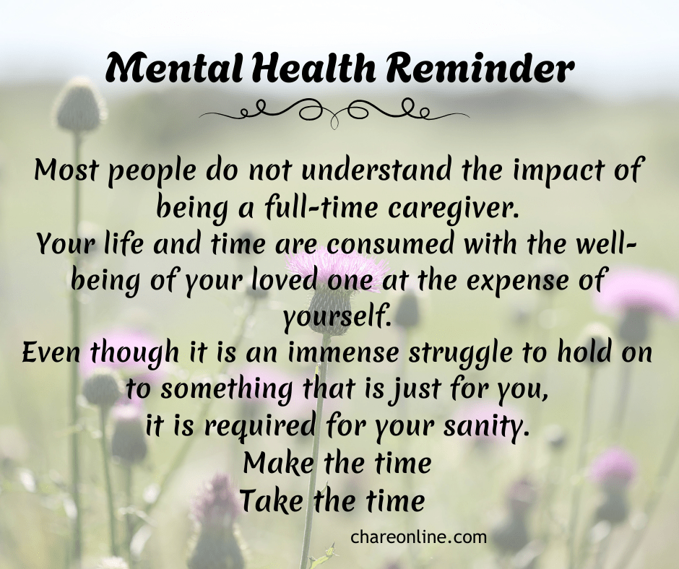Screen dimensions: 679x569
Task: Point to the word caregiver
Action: tap(454, 210)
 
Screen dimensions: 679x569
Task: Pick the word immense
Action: tap(343, 353)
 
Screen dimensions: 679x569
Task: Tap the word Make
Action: tap(278, 463)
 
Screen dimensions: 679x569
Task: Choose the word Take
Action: tap(272, 500)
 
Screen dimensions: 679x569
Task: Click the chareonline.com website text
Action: tap(419, 537)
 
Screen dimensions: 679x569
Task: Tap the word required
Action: tap(259, 427)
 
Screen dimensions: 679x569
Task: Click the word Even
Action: tap(51, 353)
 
